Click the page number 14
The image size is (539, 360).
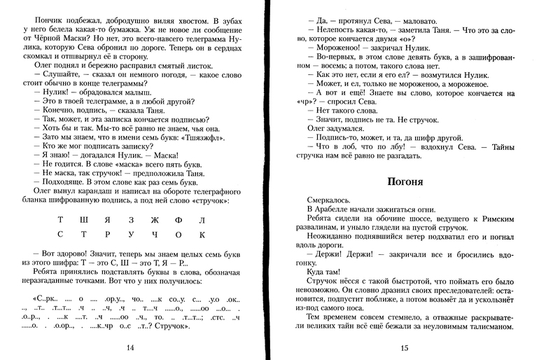tap(129, 348)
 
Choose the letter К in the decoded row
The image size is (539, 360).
tap(202, 235)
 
